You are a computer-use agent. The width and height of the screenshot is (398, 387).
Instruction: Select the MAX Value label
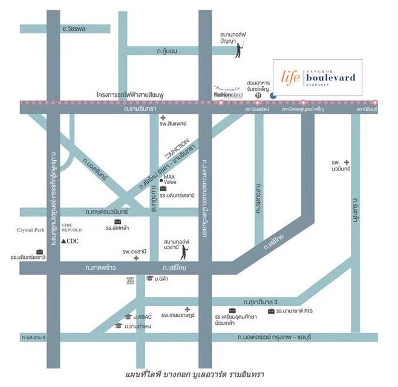(169, 179)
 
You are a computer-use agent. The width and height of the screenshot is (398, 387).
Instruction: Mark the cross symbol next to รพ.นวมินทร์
(347, 163)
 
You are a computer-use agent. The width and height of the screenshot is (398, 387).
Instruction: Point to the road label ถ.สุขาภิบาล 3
(259, 301)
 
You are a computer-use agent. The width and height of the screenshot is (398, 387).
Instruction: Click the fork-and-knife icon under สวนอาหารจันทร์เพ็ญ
(258, 95)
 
